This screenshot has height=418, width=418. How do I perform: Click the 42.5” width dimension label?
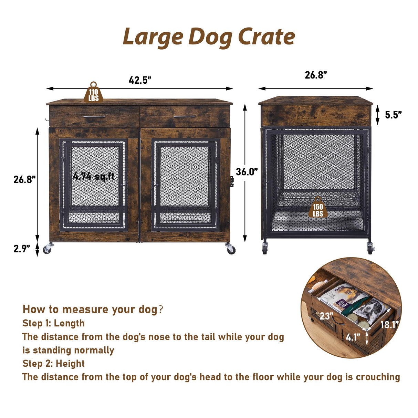pos(140,80)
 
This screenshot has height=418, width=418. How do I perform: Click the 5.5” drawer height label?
pos(393,115)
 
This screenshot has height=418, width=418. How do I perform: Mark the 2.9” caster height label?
pos(22,249)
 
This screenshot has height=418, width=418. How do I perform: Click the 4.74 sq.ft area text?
pos(93,176)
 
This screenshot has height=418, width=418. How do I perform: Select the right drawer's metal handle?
pos(184,117)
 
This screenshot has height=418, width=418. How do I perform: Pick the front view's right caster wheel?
pos(230,249)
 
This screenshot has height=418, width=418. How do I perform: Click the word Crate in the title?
pos(267,37)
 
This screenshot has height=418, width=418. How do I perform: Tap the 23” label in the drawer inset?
pos(326,315)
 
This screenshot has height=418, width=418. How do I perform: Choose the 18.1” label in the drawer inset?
pos(389,325)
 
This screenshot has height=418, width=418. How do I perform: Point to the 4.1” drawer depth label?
pos(353,337)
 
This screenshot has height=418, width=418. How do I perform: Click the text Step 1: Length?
pos(53,323)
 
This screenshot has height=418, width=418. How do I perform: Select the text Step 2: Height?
pos(53,364)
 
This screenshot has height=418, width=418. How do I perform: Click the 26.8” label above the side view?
pos(316,75)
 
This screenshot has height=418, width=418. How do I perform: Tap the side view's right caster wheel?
pos(370,249)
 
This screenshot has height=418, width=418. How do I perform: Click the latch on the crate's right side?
pos(232,181)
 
